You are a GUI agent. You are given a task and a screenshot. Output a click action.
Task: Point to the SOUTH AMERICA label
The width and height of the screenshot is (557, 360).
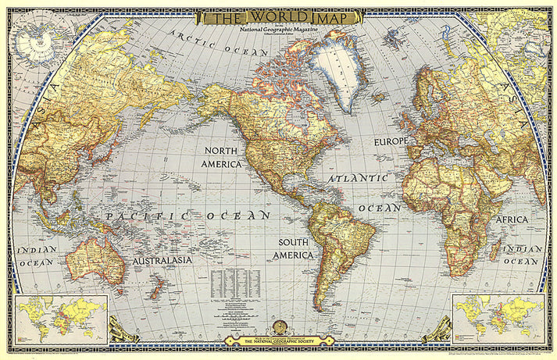click(x=293, y=248)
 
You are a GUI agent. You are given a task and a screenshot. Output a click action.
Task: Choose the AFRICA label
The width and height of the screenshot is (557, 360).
click(x=512, y=220)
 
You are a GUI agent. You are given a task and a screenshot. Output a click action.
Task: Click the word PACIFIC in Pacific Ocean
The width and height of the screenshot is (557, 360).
click(x=140, y=216)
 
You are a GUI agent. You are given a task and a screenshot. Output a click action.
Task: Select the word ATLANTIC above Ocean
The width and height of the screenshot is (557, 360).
click(x=357, y=179)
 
